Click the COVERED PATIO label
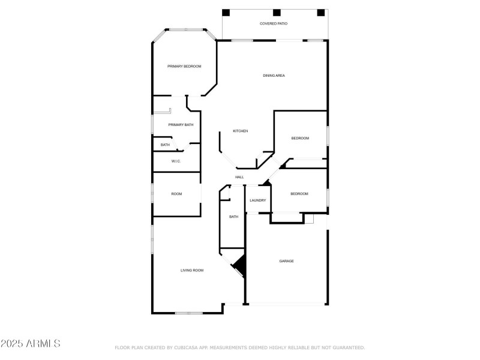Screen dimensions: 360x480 [273, 23]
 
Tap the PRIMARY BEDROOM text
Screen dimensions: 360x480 [184, 66]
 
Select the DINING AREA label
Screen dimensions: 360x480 [274, 76]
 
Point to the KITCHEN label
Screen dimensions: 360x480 [241, 131]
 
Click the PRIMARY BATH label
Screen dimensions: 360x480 [181, 125]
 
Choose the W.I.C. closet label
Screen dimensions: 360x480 [176, 161]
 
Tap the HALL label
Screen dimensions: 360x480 [239, 177]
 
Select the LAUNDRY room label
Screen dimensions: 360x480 [258, 200]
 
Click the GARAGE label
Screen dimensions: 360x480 [286, 261]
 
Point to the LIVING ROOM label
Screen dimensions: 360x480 [192, 271]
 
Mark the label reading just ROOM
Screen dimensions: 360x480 [176, 194]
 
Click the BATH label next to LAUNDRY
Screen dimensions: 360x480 [233, 217]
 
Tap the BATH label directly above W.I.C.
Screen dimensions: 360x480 [165, 145]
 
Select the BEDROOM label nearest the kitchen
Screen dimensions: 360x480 [300, 139]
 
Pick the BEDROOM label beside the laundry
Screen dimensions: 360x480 [299, 194]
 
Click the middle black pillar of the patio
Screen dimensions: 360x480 [277, 13]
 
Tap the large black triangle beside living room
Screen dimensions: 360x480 [240, 264]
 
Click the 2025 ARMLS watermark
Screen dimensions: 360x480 [30, 344]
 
